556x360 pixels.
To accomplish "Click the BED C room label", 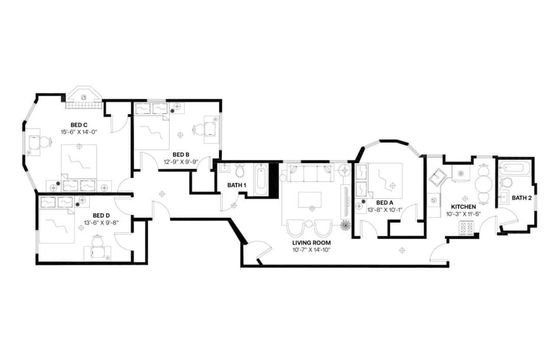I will (x=79, y=124).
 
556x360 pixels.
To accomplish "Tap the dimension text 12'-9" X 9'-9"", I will (x=181, y=161).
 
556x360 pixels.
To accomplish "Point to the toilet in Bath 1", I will (x=239, y=170).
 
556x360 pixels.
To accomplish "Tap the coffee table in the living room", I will (x=310, y=200).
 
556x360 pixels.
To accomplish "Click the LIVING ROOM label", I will (x=311, y=243).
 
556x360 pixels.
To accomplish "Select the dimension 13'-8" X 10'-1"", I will (x=385, y=210).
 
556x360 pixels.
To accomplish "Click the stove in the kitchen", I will (x=466, y=227).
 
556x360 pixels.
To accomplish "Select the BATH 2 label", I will (x=522, y=198).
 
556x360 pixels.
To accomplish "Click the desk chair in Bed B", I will (x=199, y=129).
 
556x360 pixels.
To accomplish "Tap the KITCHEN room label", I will (x=463, y=207).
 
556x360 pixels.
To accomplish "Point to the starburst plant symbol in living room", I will (x=344, y=225).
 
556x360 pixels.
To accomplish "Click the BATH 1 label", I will (x=237, y=185).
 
